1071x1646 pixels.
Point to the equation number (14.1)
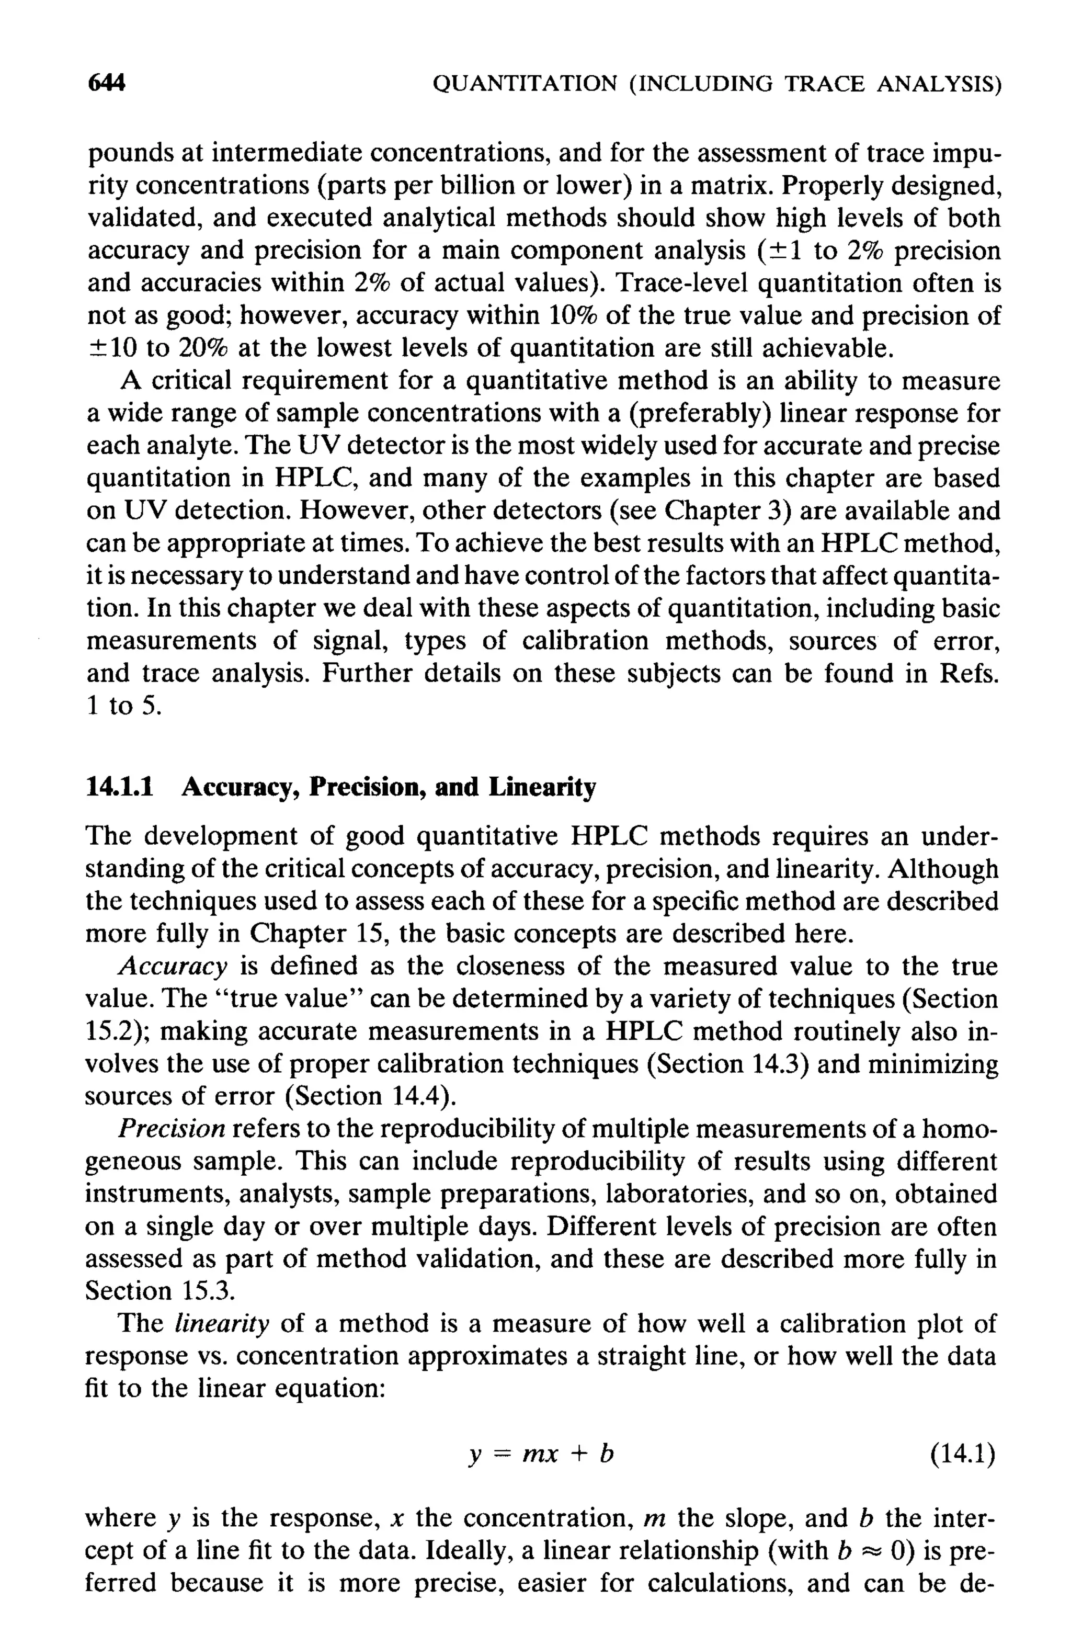(962, 1455)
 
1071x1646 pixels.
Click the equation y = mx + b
(540, 1455)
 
